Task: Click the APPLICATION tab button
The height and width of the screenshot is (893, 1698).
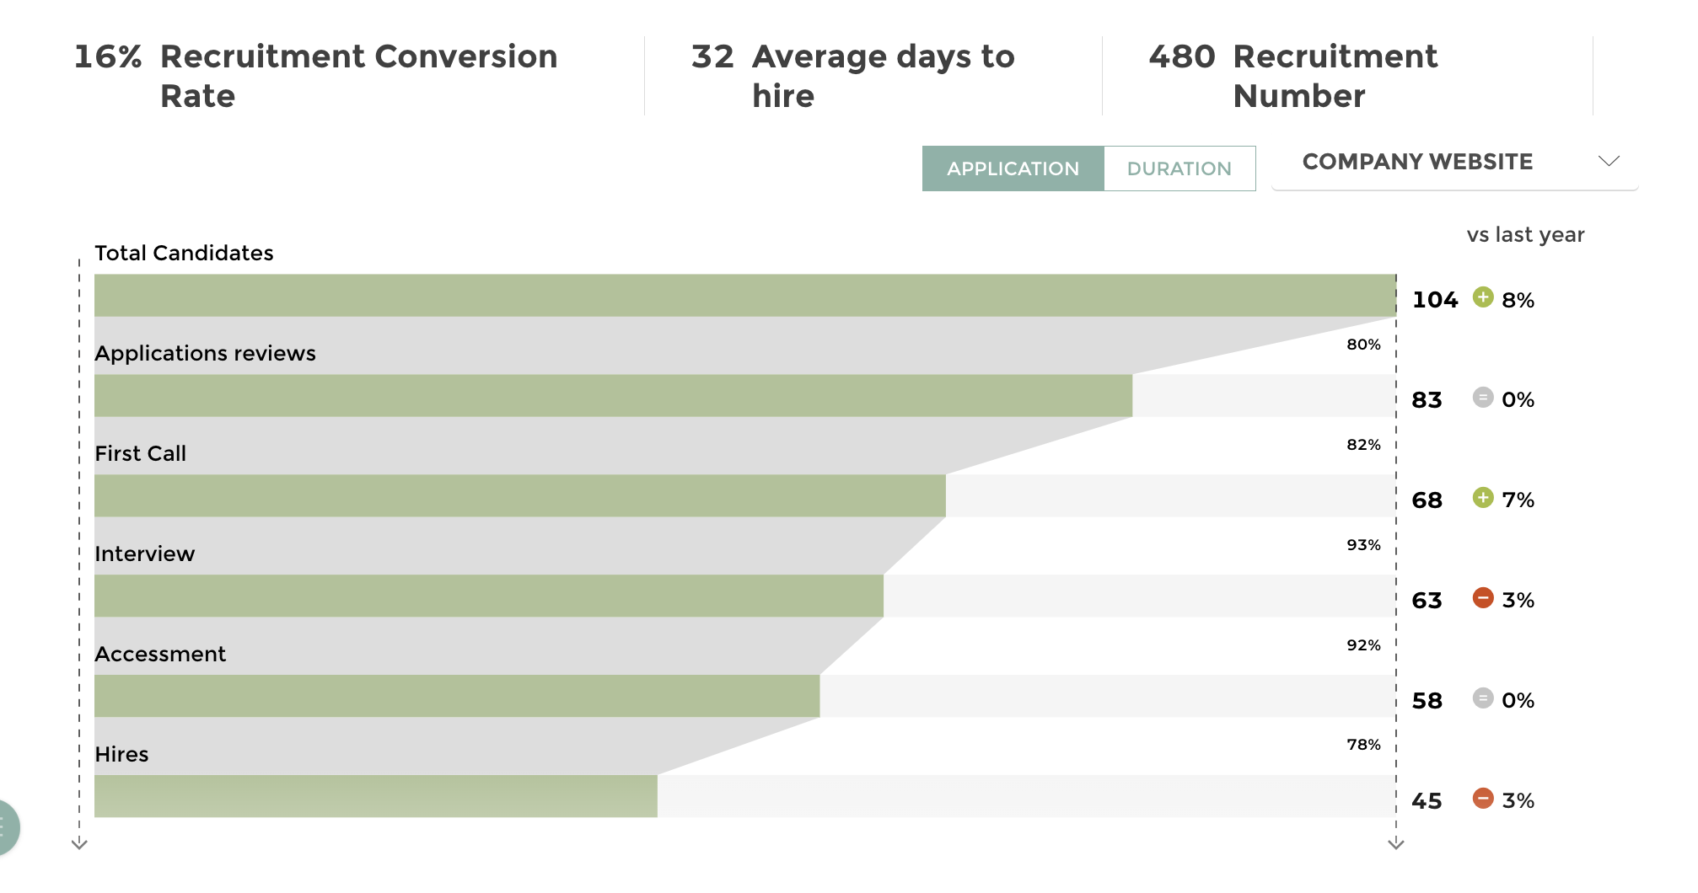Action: click(x=1012, y=168)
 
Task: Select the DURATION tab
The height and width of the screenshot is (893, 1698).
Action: click(x=1179, y=168)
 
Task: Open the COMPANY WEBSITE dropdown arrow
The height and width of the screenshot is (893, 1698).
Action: click(x=1609, y=161)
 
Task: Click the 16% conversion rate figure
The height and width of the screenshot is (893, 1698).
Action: click(x=108, y=57)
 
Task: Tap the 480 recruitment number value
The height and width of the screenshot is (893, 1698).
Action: click(x=1182, y=57)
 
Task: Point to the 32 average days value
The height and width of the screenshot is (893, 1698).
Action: click(x=712, y=57)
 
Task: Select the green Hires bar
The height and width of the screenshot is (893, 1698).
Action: click(x=375, y=796)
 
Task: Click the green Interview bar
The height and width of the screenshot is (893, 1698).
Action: click(x=489, y=596)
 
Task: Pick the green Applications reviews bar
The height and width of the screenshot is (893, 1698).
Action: click(x=613, y=396)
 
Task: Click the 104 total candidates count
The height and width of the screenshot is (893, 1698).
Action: click(x=1435, y=300)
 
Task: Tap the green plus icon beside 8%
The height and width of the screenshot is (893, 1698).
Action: click(x=1483, y=297)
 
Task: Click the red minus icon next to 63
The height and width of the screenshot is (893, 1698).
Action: click(x=1483, y=598)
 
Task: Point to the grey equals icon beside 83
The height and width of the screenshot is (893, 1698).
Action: click(x=1483, y=398)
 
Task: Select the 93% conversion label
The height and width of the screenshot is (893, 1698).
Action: click(x=1363, y=545)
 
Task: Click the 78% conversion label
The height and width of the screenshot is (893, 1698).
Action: click(x=1363, y=745)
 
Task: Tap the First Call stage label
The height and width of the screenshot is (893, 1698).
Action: click(x=140, y=453)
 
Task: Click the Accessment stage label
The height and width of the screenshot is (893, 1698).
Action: click(x=160, y=654)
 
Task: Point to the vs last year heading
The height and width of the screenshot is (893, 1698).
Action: click(x=1525, y=235)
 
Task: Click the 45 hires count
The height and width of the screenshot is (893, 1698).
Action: click(x=1427, y=801)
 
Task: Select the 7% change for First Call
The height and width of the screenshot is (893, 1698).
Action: click(x=1518, y=500)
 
